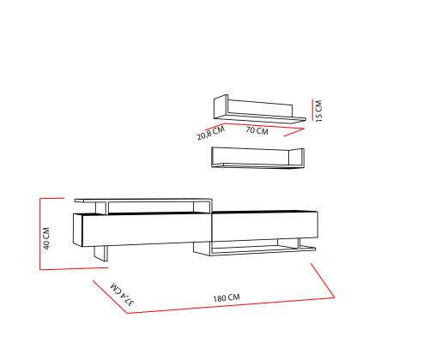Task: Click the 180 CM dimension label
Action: [x=227, y=298]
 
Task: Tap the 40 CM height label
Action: [x=46, y=238]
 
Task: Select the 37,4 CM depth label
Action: [x=123, y=294]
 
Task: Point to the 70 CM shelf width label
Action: [x=257, y=130]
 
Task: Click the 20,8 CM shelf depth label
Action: [x=211, y=133]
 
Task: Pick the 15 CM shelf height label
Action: [x=318, y=111]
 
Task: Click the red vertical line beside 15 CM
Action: [x=312, y=110]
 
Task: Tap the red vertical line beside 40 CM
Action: [x=40, y=234]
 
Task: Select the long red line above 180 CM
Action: [x=231, y=305]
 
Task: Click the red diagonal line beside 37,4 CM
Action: [x=110, y=297]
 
